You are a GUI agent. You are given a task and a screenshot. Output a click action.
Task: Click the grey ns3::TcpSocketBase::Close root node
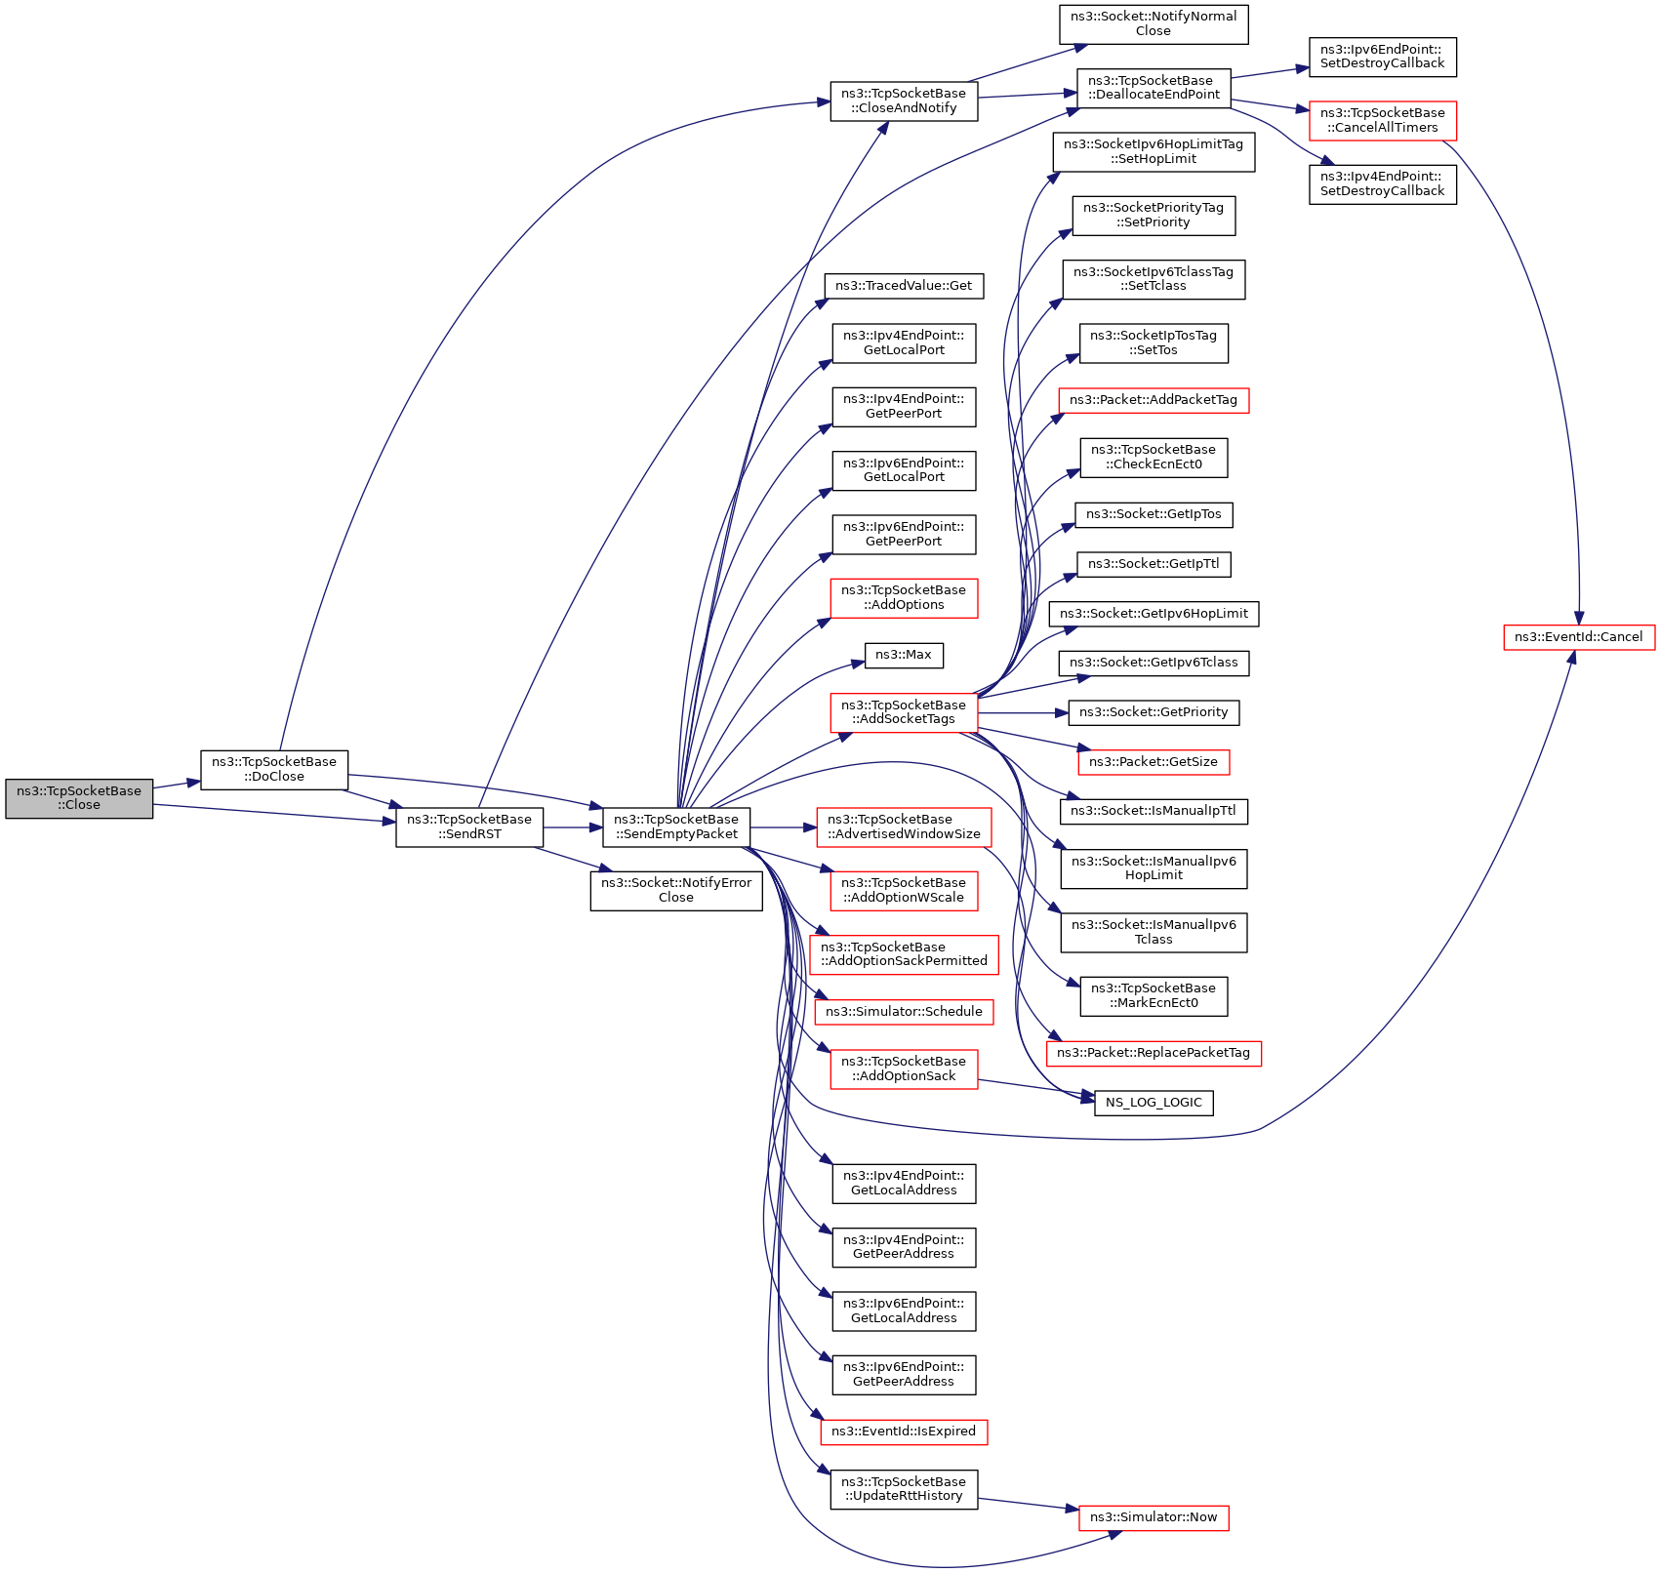pyautogui.click(x=79, y=798)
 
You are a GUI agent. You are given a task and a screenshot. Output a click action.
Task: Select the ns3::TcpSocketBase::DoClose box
pyautogui.click(x=274, y=769)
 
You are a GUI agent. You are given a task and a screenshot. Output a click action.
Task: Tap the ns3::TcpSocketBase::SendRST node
pyautogui.click(x=469, y=827)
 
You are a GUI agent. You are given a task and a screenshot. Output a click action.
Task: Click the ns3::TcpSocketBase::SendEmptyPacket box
pyautogui.click(x=676, y=827)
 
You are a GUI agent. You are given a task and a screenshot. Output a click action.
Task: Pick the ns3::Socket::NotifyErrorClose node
pyautogui.click(x=676, y=890)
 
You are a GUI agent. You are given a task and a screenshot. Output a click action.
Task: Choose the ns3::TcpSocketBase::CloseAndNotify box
pyautogui.click(x=904, y=101)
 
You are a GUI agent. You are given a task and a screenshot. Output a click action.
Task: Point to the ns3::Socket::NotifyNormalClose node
pyautogui.click(x=1153, y=23)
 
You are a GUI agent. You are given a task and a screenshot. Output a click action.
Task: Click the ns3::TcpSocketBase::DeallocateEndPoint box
pyautogui.click(x=1154, y=88)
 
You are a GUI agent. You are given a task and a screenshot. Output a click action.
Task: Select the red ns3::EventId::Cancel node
pyautogui.click(x=1578, y=637)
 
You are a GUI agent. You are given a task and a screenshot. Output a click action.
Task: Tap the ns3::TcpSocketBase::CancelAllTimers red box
pyautogui.click(x=1382, y=120)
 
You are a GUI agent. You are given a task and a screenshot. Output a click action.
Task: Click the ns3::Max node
pyautogui.click(x=904, y=655)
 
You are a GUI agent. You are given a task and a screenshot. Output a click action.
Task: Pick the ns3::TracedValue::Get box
pyautogui.click(x=904, y=286)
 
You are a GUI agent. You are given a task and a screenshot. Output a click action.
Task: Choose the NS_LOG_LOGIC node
pyautogui.click(x=1154, y=1103)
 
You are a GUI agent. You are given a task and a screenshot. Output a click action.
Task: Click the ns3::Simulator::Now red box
pyautogui.click(x=1154, y=1517)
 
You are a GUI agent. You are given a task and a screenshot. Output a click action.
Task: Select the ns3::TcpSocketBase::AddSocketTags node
pyautogui.click(x=904, y=712)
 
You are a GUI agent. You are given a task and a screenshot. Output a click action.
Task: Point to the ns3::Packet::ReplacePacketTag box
pyautogui.click(x=1154, y=1053)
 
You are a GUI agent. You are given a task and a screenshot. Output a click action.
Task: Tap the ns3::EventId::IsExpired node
pyautogui.click(x=904, y=1432)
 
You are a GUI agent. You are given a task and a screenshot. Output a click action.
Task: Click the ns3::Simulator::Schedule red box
pyautogui.click(x=904, y=1012)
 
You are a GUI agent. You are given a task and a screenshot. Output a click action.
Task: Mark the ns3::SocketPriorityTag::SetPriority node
pyautogui.click(x=1154, y=216)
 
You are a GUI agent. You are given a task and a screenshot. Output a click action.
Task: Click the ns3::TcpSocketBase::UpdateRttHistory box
pyautogui.click(x=904, y=1489)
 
